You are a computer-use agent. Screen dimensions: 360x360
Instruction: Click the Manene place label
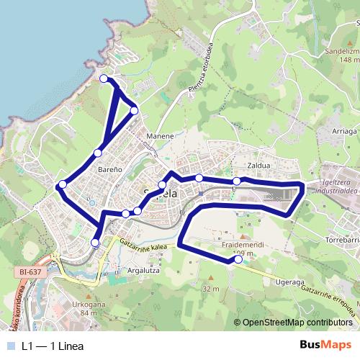click(160, 135)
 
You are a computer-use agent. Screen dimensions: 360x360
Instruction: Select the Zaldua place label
click(258, 165)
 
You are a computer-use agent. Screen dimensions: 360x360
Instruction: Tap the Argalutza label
click(142, 271)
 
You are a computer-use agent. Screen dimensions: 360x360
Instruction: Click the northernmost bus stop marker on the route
click(104, 78)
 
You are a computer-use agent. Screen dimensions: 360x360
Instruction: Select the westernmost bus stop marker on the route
click(63, 184)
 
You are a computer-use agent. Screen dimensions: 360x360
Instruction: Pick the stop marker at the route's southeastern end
click(238, 261)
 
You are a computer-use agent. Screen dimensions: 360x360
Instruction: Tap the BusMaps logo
click(325, 346)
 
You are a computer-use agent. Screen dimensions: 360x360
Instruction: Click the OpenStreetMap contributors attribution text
click(297, 323)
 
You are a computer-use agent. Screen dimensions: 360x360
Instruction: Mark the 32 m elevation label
click(211, 289)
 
